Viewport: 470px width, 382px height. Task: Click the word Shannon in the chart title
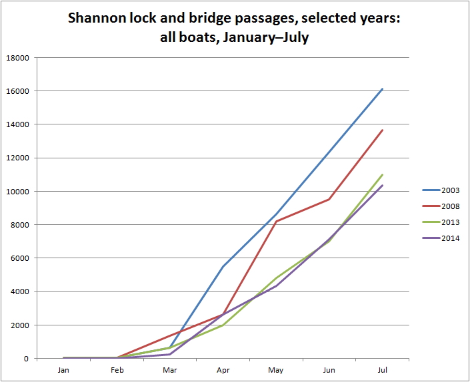98,19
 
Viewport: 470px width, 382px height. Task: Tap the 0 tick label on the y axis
27,359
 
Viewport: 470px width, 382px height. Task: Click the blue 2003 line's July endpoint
382,89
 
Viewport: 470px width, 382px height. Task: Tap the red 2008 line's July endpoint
382,130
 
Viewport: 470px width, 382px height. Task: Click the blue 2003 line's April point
223,267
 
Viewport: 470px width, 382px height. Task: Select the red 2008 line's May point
276,222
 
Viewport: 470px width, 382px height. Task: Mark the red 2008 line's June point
329,199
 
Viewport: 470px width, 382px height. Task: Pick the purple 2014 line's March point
169,354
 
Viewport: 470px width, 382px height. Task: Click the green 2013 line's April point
223,325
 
